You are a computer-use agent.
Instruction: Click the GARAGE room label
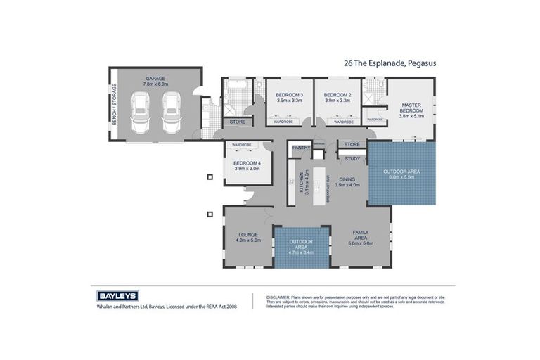(x=155, y=78)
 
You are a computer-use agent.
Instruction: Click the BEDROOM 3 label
(x=289, y=95)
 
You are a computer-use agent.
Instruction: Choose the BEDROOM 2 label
(x=337, y=95)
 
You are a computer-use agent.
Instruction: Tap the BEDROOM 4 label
(x=247, y=163)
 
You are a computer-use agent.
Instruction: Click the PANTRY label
(x=301, y=148)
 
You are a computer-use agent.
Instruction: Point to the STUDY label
(x=352, y=158)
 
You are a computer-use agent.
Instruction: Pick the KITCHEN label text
(x=301, y=182)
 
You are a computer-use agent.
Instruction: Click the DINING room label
(x=347, y=179)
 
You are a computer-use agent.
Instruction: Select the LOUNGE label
(x=247, y=235)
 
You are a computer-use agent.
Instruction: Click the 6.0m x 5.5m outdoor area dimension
(x=403, y=177)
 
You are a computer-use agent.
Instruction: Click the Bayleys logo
(x=117, y=296)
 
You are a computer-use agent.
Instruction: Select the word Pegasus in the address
(x=421, y=63)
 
